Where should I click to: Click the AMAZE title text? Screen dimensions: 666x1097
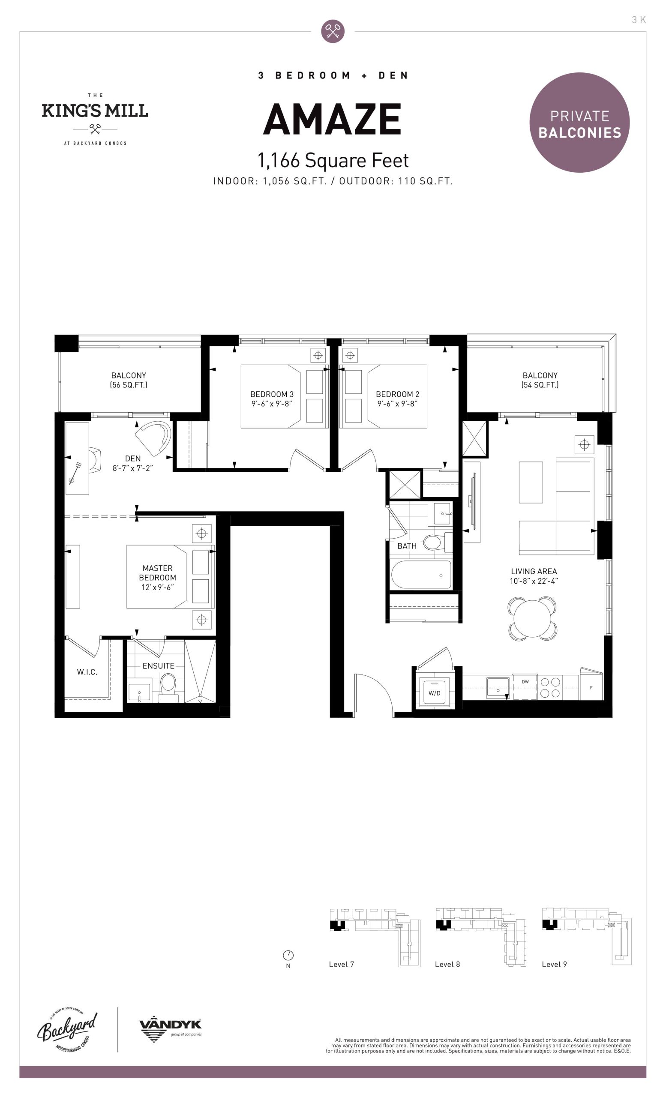333,119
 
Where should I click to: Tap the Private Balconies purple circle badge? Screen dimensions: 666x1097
579,123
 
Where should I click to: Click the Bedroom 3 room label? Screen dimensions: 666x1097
272,399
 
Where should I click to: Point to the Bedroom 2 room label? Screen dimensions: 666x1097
398,399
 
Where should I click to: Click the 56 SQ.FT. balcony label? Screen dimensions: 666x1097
129,380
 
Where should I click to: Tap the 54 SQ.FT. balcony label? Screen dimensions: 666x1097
540,380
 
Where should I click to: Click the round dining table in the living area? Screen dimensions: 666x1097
532,618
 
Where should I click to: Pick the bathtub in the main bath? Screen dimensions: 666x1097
421,575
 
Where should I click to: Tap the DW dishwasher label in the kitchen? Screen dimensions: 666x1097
525,682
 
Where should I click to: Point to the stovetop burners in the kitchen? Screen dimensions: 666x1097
550,687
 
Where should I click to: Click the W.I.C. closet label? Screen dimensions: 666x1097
87,672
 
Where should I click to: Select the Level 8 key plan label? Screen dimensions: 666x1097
447,964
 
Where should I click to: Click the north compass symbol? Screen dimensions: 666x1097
288,955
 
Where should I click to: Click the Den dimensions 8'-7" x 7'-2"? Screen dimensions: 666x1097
133,468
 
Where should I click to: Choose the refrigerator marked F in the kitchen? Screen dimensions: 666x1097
591,685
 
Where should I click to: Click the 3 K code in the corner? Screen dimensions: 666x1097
639,20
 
